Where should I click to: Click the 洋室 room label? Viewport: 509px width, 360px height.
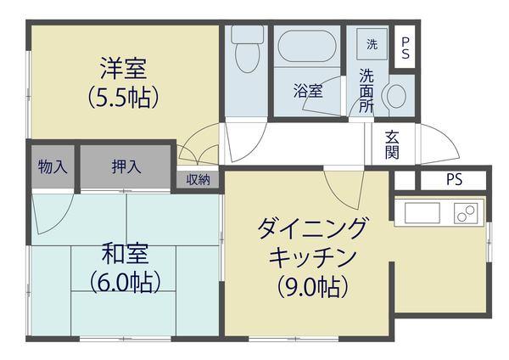[124, 65]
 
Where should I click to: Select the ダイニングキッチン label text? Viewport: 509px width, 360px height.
[311, 241]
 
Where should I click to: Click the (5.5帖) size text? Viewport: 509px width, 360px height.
[124, 97]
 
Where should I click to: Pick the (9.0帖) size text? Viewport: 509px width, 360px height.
[312, 287]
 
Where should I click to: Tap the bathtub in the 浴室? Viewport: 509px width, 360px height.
[307, 48]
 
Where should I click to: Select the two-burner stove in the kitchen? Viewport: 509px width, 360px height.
[466, 213]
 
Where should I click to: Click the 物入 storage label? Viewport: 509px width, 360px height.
[53, 167]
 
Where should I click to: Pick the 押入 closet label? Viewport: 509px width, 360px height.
[126, 167]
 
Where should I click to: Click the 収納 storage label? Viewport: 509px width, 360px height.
[199, 179]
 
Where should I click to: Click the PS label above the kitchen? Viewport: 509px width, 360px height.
[455, 180]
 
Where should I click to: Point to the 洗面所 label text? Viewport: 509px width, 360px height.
[367, 89]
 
